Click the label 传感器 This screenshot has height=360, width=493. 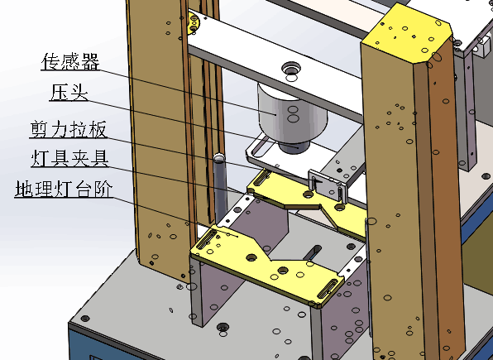tap(71, 61)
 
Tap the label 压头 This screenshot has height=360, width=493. tap(69, 93)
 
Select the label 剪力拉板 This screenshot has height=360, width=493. tap(69, 129)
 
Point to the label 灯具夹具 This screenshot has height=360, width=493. tap(69, 158)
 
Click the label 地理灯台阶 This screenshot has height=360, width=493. tap(64, 189)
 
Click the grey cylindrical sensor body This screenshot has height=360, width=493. tap(292, 113)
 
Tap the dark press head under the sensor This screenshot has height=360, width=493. tap(294, 147)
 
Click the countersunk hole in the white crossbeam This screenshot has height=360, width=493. tap(291, 68)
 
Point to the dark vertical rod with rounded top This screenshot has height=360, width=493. tap(220, 185)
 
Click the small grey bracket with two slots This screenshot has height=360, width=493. tap(328, 185)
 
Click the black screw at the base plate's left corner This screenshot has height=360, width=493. tap(85, 319)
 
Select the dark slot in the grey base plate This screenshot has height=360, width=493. tap(312, 252)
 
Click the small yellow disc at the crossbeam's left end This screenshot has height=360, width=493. tap(194, 22)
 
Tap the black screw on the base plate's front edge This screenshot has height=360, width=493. tap(223, 327)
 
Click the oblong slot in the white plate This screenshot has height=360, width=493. tap(261, 150)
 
